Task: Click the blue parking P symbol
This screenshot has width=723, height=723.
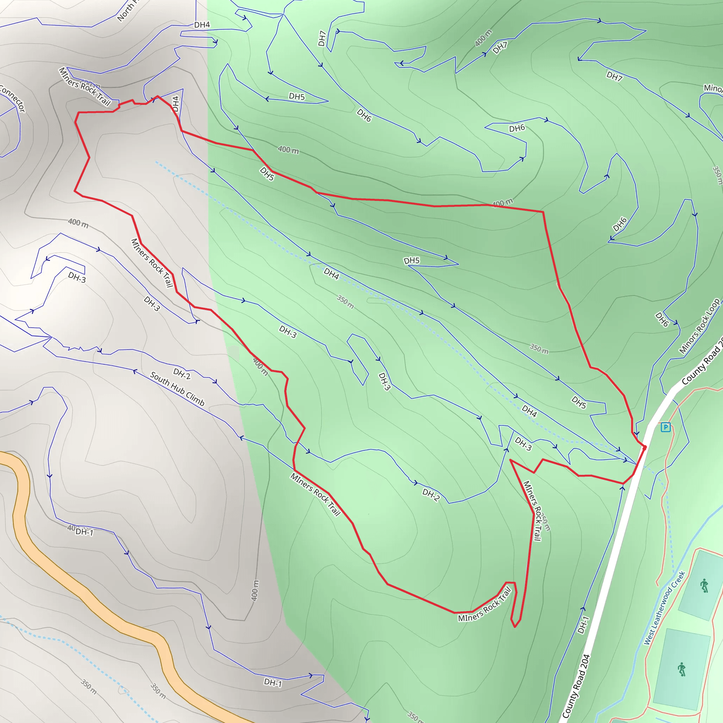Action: (665, 427)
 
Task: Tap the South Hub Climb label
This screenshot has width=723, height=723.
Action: (177, 389)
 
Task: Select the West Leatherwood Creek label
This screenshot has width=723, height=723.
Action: (664, 608)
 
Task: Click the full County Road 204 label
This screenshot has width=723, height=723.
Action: (576, 686)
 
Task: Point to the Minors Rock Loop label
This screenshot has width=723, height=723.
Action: (699, 326)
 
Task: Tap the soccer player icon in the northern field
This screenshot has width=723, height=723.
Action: (704, 586)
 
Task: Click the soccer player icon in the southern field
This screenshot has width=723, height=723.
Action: (682, 669)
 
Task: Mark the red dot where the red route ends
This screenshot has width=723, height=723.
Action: (644, 447)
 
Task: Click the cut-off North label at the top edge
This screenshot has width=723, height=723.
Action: (126, 11)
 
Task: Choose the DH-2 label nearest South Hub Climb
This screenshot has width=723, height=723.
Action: (182, 374)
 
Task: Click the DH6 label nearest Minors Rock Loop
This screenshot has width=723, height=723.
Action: (662, 319)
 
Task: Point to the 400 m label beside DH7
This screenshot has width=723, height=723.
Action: (483, 38)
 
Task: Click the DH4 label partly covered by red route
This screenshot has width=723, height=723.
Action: (175, 104)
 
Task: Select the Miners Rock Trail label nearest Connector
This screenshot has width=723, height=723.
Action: (85, 87)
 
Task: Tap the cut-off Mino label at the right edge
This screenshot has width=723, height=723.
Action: (712, 88)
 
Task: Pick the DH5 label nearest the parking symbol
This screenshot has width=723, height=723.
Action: (579, 402)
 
